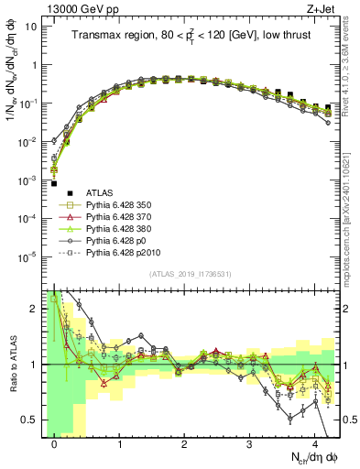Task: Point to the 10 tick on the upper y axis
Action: (x=31, y=26)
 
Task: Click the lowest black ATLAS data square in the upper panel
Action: (x=54, y=183)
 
